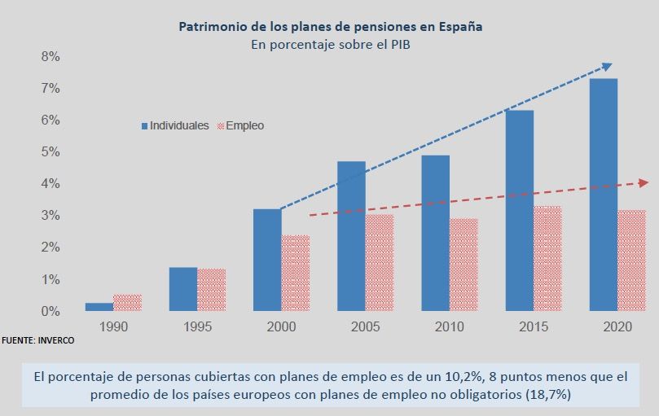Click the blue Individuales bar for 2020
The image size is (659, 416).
point(604,195)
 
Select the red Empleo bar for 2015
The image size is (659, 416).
point(547,258)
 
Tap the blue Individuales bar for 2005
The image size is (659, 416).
point(351,236)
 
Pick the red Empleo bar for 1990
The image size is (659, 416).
point(127,302)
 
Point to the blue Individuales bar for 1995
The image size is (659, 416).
point(182,289)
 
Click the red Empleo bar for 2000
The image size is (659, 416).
point(295,273)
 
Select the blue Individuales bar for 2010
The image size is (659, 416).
point(435,233)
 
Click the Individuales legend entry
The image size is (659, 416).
point(175,126)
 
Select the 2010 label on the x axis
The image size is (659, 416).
point(450,326)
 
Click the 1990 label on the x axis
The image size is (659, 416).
point(113,326)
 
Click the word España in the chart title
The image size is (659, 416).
point(459,26)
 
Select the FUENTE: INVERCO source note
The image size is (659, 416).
point(37,340)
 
